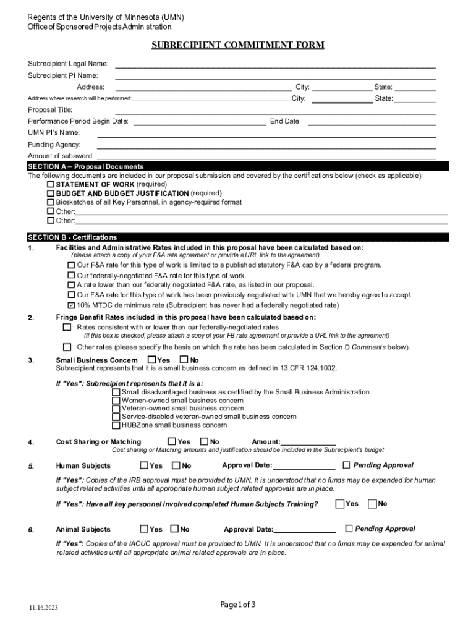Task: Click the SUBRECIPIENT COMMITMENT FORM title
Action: [x=238, y=45]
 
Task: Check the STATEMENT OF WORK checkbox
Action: [x=51, y=184]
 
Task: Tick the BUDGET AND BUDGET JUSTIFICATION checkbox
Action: [x=51, y=193]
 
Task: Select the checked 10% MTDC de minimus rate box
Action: [x=70, y=305]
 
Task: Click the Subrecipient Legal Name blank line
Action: [x=275, y=64]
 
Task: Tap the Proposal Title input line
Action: [x=275, y=110]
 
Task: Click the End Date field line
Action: [x=372, y=122]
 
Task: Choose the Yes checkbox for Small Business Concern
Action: [x=151, y=360]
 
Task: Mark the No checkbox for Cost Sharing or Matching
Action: [x=204, y=441]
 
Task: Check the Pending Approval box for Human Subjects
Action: [x=346, y=465]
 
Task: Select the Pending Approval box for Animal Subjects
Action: [x=349, y=529]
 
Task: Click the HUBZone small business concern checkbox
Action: [x=116, y=425]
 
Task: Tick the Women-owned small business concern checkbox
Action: [x=116, y=401]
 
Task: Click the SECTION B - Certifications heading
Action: [x=72, y=237]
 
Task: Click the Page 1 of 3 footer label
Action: [x=238, y=605]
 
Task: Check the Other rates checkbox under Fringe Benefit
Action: [x=67, y=347]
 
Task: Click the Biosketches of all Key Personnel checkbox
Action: [x=51, y=202]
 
